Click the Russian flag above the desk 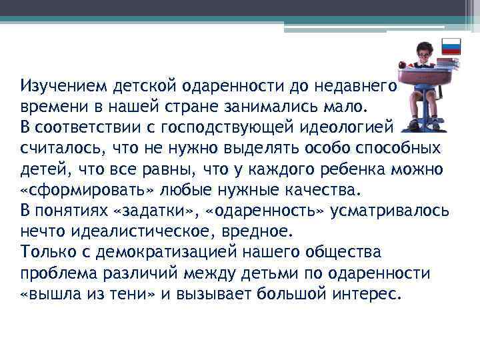coord(451,47)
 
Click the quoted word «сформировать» coord(85,189)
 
